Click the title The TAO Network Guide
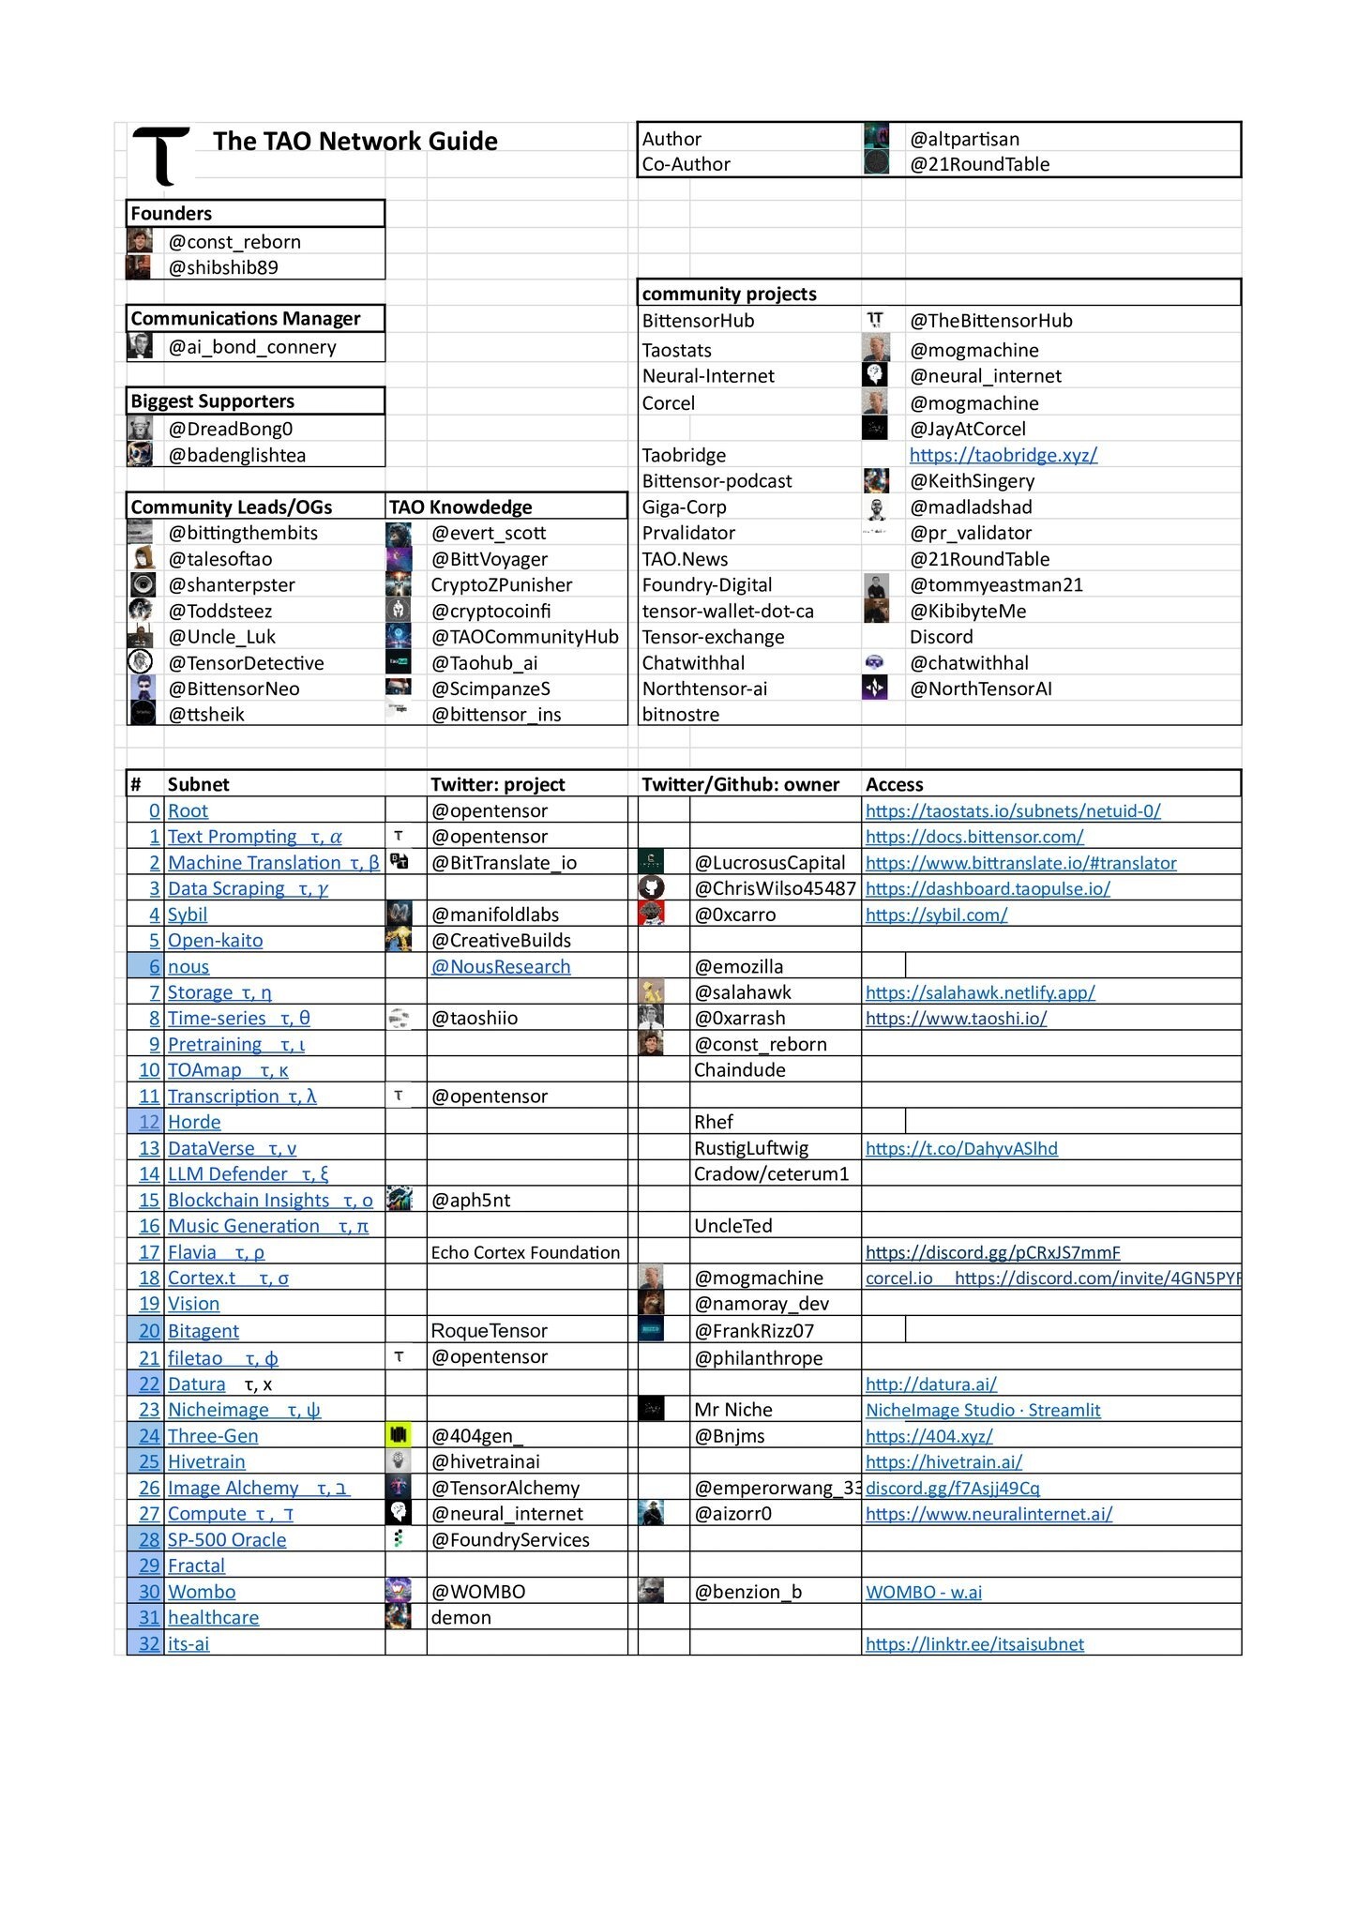[355, 141]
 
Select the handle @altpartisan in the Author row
[964, 139]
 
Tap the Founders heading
[172, 214]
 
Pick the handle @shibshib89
[223, 267]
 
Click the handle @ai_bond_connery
[252, 347]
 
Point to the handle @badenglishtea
[237, 455]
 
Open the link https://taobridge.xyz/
[1003, 455]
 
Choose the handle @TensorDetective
[247, 663]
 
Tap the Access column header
[894, 785]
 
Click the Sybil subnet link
[188, 915]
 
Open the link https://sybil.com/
[936, 915]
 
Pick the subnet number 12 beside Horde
[149, 1123]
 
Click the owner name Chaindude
[739, 1070]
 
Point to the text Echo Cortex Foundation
[525, 1253]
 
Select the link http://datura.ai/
[930, 1384]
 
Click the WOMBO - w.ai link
[924, 1592]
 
